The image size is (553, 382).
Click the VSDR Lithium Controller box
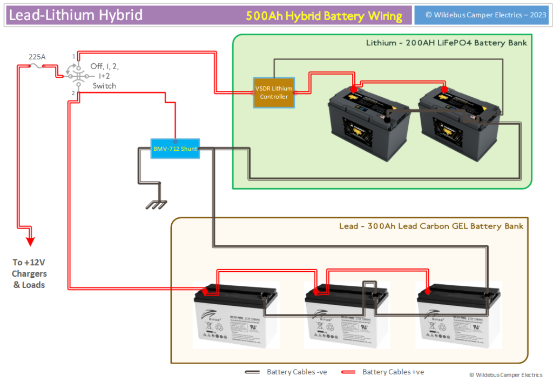tap(274, 92)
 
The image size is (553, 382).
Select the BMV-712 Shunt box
tap(175, 148)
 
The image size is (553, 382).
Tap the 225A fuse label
tap(37, 56)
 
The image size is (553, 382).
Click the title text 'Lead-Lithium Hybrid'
tap(76, 15)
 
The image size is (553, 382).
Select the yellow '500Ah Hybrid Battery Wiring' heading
tap(324, 16)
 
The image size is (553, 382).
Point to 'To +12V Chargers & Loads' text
tap(29, 273)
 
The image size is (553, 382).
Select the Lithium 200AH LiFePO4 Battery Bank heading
tap(446, 43)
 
